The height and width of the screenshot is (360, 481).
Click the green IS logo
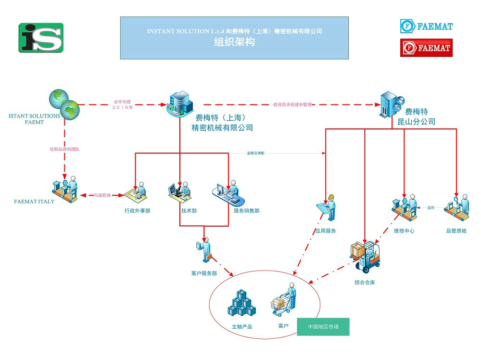pyautogui.click(x=41, y=38)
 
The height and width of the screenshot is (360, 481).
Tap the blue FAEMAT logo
pyautogui.click(x=426, y=26)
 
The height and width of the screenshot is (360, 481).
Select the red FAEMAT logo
pyautogui.click(x=426, y=48)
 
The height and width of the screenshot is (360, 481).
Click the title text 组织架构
pyautogui.click(x=234, y=42)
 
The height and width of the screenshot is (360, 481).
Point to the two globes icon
pyautogui.click(x=63, y=103)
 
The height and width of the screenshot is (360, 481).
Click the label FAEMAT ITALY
pyautogui.click(x=34, y=201)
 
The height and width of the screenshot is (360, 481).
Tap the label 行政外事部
pyautogui.click(x=137, y=211)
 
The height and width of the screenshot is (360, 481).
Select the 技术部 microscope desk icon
pyautogui.click(x=179, y=192)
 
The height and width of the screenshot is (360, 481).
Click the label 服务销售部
pyautogui.click(x=246, y=211)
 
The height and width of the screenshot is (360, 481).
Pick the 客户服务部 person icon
pyautogui.click(x=205, y=249)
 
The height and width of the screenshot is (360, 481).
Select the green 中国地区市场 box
pyautogui.click(x=323, y=327)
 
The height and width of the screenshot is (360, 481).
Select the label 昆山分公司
pyautogui.click(x=416, y=122)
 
